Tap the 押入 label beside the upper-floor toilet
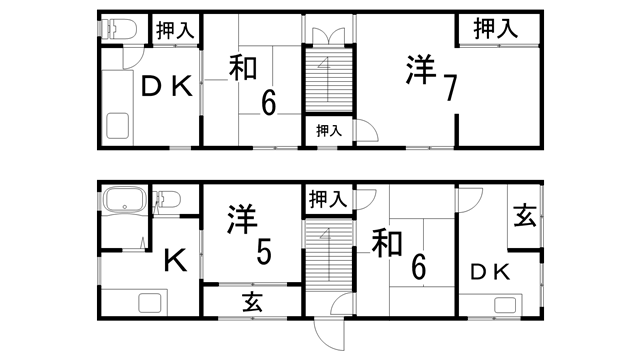(174, 31)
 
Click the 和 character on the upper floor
(244, 68)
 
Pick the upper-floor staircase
(328, 80)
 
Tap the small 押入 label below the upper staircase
(329, 130)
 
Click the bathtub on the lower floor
(124, 201)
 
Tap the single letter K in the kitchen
(174, 261)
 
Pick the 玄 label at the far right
(524, 214)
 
